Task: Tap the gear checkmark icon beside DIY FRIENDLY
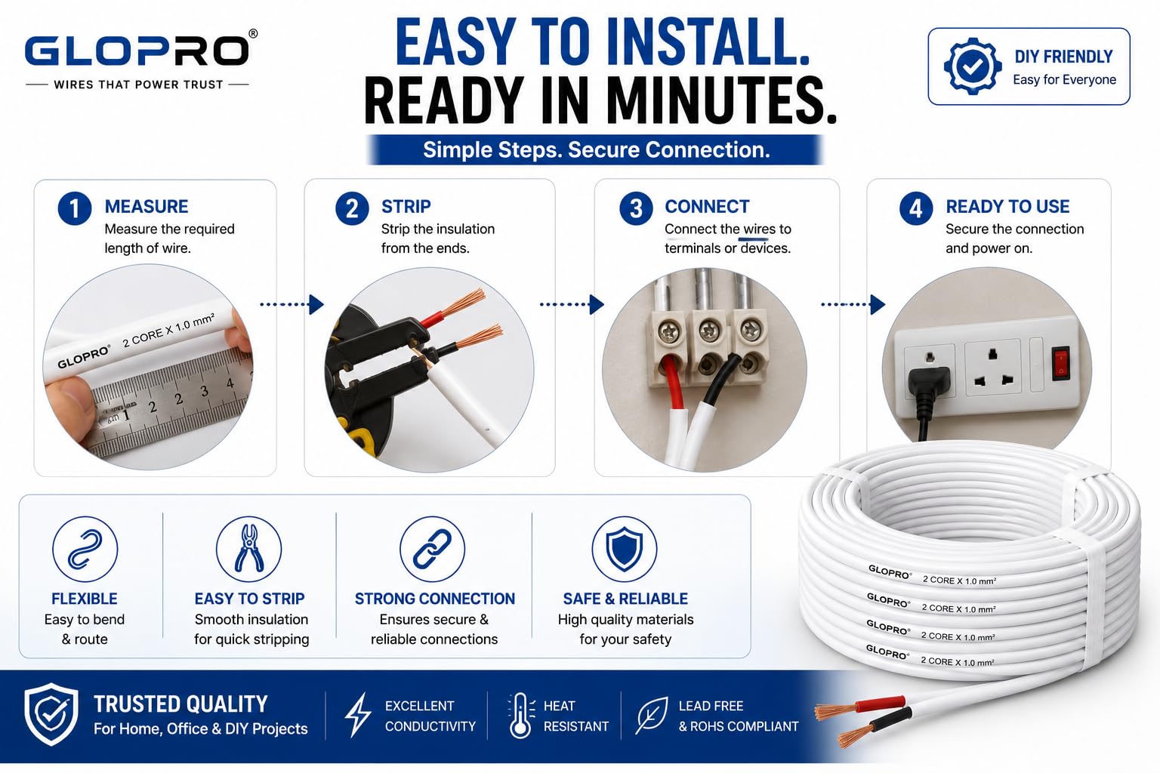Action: [972, 66]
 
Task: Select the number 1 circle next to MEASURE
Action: [75, 208]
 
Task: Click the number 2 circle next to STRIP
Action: [352, 208]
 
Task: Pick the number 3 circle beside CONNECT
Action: [636, 208]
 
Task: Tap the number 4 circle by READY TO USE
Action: [916, 208]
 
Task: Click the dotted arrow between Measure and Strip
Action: [292, 304]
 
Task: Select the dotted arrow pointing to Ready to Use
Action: [853, 304]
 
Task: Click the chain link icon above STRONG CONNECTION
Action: [433, 549]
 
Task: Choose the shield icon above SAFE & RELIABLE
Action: [625, 549]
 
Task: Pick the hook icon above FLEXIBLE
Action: [85, 549]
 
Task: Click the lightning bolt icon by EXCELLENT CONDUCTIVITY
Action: [357, 714]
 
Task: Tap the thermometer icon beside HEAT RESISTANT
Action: [520, 715]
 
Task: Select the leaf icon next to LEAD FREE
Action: [652, 716]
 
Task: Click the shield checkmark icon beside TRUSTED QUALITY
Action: [51, 714]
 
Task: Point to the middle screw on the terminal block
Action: [708, 330]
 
